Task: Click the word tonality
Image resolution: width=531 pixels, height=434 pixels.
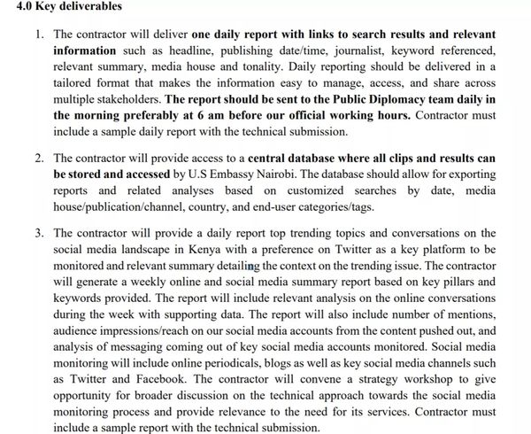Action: click(252, 66)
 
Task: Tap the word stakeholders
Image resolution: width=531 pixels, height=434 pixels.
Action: click(129, 99)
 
